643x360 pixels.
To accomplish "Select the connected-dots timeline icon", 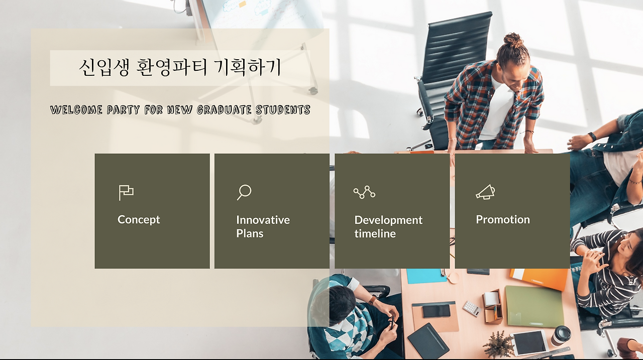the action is pos(364,192).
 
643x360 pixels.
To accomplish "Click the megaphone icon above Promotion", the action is pos(485,192).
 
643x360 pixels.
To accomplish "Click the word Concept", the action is pos(139,219).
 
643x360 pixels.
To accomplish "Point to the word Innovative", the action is pos(263,220).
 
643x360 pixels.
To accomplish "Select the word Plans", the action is pos(250,233).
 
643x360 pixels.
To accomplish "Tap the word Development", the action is pos(388,220).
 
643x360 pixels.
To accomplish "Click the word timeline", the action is pos(375,233).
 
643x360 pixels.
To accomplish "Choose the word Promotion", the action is pos(503,219).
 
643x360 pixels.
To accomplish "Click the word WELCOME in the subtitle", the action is pos(76,110).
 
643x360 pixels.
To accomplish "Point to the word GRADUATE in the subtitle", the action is pos(224,110).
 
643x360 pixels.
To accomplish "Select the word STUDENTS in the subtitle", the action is pos(283,110).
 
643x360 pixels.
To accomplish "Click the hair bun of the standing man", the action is pos(513,40).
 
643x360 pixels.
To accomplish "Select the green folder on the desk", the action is pos(534,306).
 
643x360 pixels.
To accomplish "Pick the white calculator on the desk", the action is pos(472,309).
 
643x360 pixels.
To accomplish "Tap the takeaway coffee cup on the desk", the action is pos(561,335).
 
